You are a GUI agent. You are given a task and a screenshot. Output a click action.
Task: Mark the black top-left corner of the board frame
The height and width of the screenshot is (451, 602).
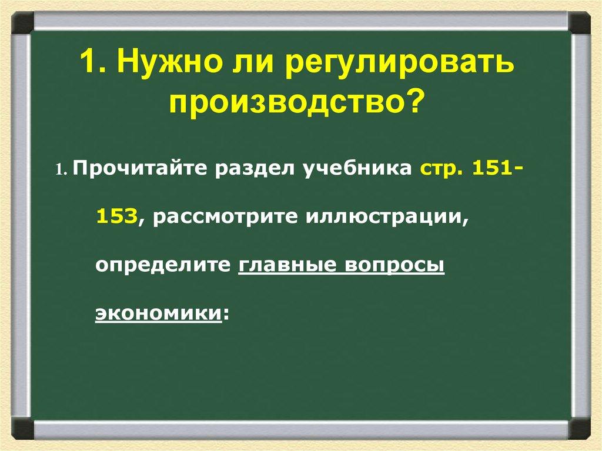coord(22,24)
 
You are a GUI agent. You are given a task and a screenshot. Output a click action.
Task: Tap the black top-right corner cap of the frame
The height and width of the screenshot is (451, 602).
coord(580,24)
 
